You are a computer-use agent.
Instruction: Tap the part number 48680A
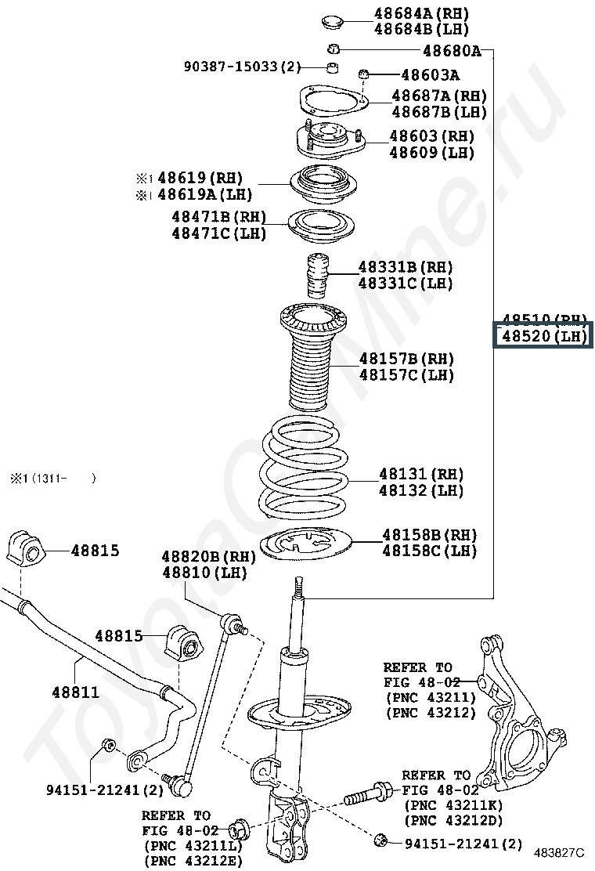[x=452, y=52]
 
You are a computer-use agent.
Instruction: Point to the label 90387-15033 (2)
[x=242, y=67]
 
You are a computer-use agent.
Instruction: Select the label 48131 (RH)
[x=421, y=474]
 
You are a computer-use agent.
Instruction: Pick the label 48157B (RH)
[x=406, y=359]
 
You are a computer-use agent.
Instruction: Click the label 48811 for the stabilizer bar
[x=76, y=692]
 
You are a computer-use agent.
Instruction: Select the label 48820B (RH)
[x=209, y=556]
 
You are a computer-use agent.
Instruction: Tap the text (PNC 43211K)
[x=453, y=805]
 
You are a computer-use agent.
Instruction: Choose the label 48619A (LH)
[x=200, y=194]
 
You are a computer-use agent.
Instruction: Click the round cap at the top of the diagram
[x=335, y=20]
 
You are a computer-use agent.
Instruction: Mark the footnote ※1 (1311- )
[x=52, y=477]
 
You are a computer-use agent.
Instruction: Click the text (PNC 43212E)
[x=193, y=860]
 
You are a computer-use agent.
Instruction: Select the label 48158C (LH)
[x=429, y=551]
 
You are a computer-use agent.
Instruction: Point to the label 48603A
[x=430, y=75]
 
